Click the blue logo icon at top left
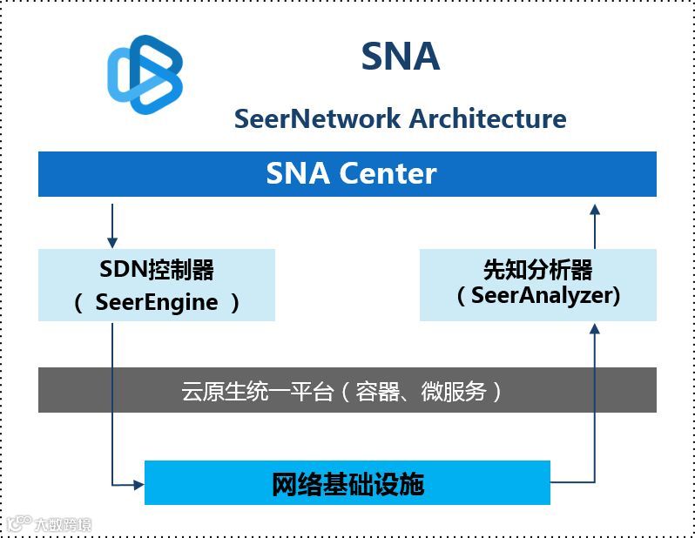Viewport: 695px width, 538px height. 145,75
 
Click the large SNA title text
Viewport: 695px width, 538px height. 400,57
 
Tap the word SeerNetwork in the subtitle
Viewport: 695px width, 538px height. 317,118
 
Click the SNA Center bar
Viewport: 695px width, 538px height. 347,174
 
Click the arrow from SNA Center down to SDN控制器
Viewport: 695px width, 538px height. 112,226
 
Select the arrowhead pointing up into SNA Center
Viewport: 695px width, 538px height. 595,209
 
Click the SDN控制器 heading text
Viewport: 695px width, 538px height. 157,270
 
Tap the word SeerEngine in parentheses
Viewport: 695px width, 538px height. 157,302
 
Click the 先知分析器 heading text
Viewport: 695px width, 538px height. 537,270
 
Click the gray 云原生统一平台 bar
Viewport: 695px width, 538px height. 347,390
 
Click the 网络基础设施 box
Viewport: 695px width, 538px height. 347,483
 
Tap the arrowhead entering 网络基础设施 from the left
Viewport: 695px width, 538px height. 138,483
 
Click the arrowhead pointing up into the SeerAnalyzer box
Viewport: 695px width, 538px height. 595,328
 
